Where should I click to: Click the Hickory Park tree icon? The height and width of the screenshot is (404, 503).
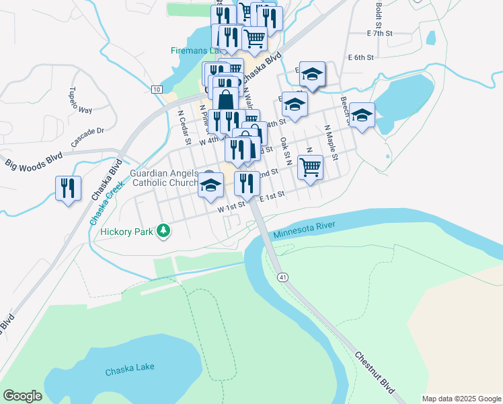pyautogui.click(x=163, y=232)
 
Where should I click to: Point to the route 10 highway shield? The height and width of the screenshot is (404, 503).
pyautogui.click(x=156, y=90)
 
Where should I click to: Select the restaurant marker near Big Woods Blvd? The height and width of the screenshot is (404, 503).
pyautogui.click(x=68, y=188)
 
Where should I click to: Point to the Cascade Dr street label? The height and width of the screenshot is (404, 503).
pyautogui.click(x=88, y=137)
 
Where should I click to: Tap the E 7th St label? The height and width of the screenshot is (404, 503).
pyautogui.click(x=379, y=33)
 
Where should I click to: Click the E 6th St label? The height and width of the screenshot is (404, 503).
pyautogui.click(x=360, y=58)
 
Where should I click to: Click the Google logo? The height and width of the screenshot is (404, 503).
pyautogui.click(x=22, y=396)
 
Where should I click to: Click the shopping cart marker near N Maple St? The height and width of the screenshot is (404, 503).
pyautogui.click(x=310, y=166)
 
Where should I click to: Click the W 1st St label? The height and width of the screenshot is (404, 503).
pyautogui.click(x=231, y=209)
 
